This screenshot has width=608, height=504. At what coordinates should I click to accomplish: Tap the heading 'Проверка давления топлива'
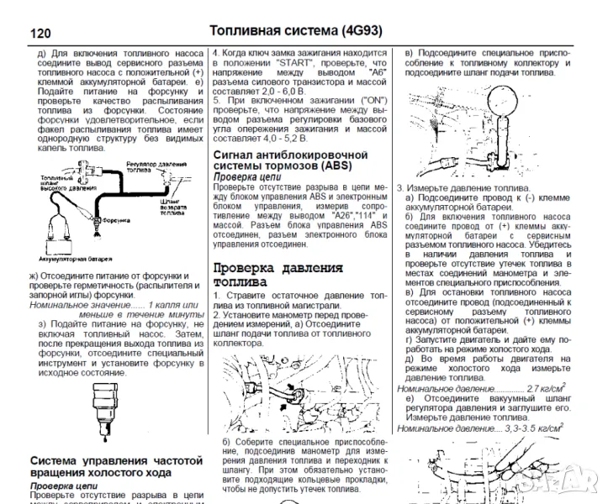click(x=278, y=275)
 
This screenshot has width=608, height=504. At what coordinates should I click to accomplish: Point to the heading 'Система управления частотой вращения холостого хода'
click(x=116, y=467)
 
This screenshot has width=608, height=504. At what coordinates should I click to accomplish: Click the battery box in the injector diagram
click(x=60, y=239)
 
